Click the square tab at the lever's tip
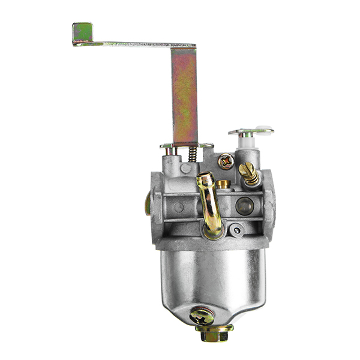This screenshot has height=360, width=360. click(82, 33)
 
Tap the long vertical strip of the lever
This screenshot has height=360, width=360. click(184, 96)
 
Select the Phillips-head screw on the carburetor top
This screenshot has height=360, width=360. click(226, 160)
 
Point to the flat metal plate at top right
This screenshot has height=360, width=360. click(251, 130)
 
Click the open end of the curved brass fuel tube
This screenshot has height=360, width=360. click(205, 178)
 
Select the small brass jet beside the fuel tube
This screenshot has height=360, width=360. click(224, 184)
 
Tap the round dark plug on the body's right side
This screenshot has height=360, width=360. click(244, 206)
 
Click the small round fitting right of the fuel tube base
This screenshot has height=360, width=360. click(238, 228)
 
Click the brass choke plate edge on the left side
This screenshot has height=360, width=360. click(147, 204)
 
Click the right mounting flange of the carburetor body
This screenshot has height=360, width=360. click(268, 204)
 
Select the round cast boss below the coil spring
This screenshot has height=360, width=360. click(179, 207)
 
